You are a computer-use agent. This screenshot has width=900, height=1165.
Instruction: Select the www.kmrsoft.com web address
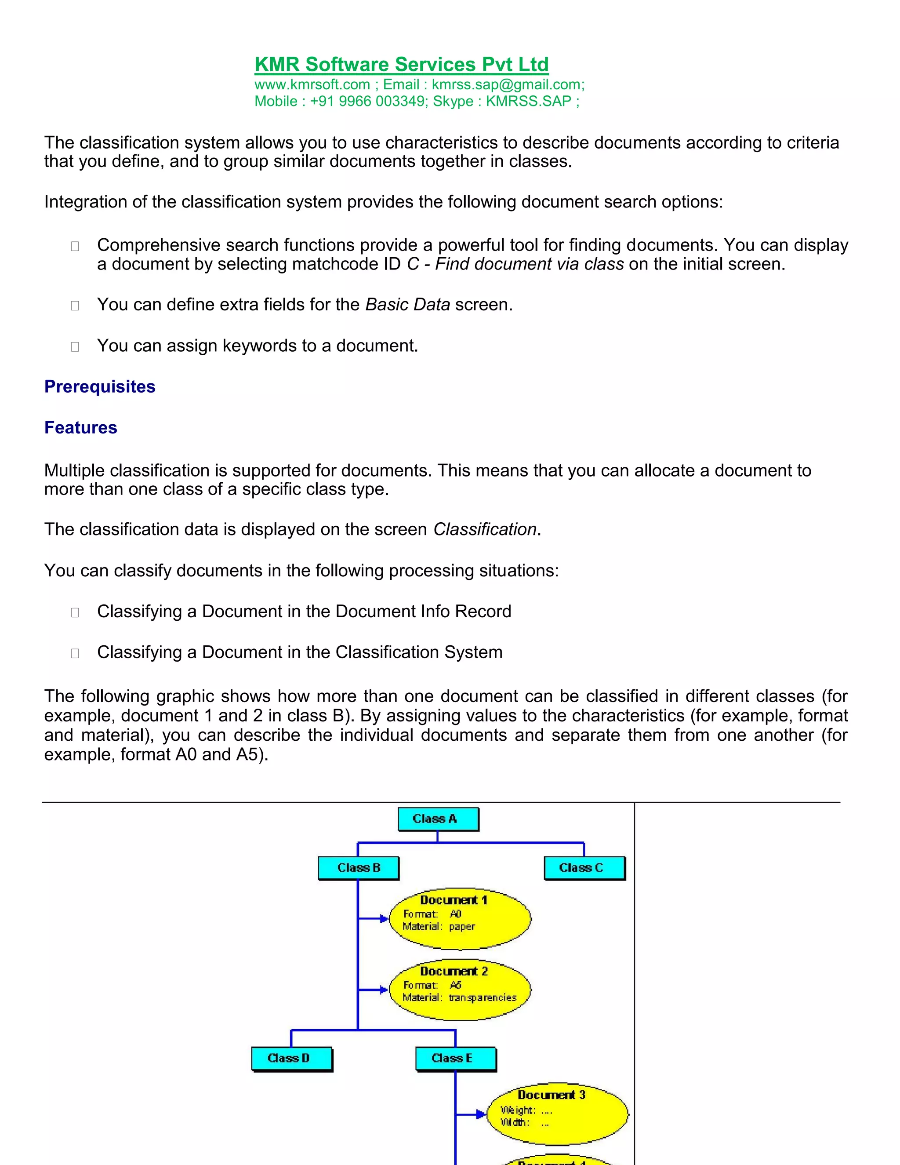[x=312, y=85]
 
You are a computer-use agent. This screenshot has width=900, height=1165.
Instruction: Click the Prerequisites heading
[x=100, y=387]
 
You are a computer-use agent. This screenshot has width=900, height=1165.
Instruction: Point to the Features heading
[x=80, y=428]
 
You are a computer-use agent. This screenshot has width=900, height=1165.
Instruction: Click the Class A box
[x=438, y=819]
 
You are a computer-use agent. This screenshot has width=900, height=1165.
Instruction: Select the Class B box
[x=358, y=868]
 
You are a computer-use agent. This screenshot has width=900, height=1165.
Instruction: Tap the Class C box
[x=584, y=868]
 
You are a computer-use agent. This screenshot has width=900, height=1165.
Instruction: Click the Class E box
[x=455, y=1058]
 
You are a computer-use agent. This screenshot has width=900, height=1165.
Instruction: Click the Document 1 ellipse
[x=460, y=918]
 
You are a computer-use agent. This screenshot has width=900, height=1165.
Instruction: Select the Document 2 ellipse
[x=460, y=990]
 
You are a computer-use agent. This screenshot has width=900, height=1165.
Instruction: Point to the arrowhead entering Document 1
[x=383, y=918]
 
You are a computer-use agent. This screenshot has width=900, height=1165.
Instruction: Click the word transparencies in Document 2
[x=482, y=998]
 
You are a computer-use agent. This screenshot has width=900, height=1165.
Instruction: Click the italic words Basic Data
[x=407, y=305]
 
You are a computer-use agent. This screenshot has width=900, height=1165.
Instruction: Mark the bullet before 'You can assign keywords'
[x=75, y=347]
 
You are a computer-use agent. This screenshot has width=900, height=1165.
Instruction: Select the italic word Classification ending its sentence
[x=484, y=529]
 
